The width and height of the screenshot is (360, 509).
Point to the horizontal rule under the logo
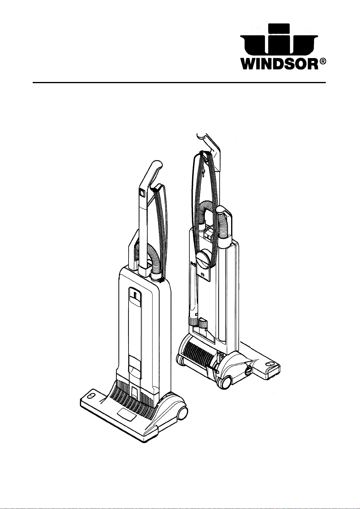tap(179, 83)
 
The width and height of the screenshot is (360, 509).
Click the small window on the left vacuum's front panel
tap(135, 295)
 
